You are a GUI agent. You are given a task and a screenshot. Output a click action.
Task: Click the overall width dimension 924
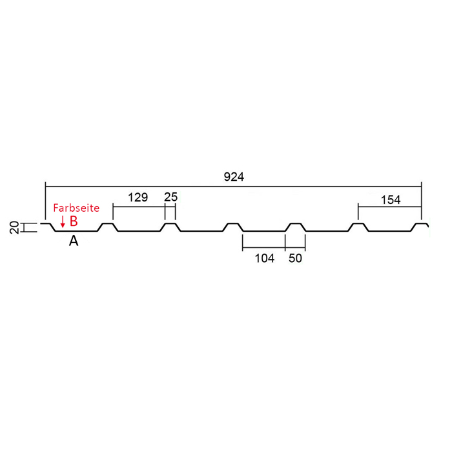coord(234,177)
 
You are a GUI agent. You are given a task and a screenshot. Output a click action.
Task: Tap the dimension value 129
coord(138,198)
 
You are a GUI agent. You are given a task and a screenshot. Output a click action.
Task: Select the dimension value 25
coord(170,197)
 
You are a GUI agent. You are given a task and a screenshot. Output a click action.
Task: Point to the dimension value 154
coord(391,200)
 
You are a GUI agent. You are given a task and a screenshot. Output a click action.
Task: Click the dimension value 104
coord(265,258)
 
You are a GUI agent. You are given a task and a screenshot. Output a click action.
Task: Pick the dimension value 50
coord(295,258)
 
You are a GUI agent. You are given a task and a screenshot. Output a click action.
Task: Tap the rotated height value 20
coord(14,227)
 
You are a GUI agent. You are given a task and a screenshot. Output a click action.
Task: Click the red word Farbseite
coord(76,208)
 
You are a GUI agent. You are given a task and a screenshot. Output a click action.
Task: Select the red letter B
coord(74,221)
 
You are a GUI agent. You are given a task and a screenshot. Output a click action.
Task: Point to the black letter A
coord(74,241)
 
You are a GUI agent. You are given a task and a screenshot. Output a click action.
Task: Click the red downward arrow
coord(63,221)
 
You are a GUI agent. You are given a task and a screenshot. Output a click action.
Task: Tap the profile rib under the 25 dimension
coord(170,223)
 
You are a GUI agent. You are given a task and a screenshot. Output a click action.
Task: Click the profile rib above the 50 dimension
coord(296,223)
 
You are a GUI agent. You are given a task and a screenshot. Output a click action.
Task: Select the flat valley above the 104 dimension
coord(264,231)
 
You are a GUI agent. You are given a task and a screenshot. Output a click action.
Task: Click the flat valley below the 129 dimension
coord(139,231)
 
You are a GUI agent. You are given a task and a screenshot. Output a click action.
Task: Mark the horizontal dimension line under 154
coord(390,207)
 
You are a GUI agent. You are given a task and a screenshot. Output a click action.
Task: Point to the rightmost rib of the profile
coord(420,224)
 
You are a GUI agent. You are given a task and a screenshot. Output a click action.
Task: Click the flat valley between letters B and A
coord(76,231)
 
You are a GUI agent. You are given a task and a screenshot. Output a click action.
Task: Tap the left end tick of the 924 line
coord(46,187)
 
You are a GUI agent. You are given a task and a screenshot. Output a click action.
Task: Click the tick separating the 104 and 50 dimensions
coord(285,243)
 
